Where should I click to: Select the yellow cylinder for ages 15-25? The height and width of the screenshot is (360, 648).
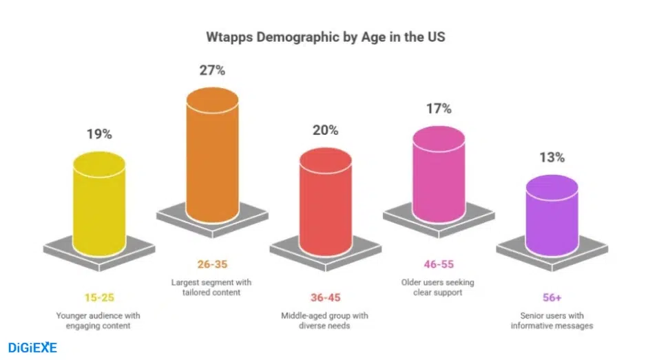[99, 203]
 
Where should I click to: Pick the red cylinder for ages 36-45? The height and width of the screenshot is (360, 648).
[325, 200]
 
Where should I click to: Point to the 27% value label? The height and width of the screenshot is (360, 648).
[212, 70]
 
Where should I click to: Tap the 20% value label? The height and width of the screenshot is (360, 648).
[325, 130]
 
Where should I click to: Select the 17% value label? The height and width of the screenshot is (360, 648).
[438, 108]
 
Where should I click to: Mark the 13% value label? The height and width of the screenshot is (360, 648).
[552, 157]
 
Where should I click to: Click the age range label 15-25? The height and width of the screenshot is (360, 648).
[99, 298]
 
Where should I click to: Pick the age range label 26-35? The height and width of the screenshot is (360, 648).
[212, 264]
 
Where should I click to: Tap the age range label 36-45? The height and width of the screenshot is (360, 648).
[325, 298]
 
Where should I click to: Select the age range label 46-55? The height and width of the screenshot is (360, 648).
[438, 264]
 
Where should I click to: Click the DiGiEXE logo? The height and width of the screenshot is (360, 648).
[32, 348]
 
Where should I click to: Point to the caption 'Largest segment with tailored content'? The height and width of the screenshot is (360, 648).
[212, 287]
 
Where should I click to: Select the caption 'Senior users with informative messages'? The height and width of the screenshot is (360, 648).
[552, 320]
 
